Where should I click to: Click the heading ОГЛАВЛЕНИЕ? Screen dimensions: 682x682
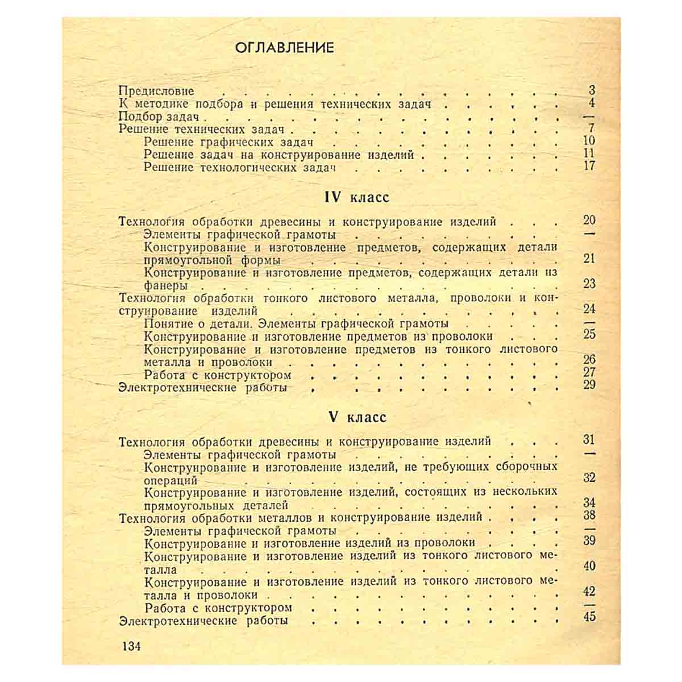point(284,48)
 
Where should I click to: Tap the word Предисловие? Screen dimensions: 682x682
point(157,91)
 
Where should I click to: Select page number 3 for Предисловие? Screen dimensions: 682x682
point(592,90)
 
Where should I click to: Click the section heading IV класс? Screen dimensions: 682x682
point(356,197)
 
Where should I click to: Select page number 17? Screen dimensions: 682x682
point(589,166)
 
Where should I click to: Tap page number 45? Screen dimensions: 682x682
point(589,616)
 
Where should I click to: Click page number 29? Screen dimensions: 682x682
point(589,385)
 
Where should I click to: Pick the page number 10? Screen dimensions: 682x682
point(589,141)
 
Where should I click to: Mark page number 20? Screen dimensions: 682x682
point(589,221)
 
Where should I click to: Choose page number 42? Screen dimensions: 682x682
point(589,591)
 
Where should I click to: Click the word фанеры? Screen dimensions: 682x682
point(166,286)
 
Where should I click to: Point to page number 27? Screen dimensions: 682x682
point(589,372)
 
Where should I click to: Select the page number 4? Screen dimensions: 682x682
point(592,103)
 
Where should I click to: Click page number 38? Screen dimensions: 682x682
point(589,515)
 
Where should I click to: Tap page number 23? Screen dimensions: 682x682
point(589,284)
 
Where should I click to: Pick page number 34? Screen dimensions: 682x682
point(589,502)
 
